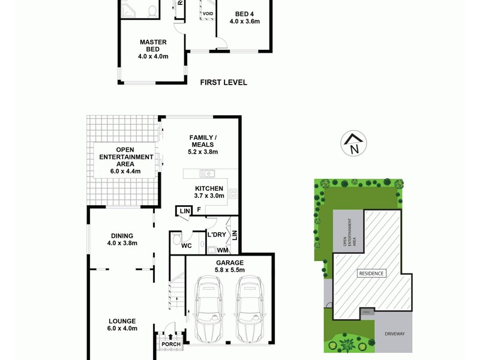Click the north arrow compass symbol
(353, 144)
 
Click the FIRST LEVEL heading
(223, 83)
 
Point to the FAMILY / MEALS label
(203, 141)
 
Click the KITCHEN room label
(209, 188)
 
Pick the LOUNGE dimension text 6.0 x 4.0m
(122, 328)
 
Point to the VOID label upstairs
(208, 13)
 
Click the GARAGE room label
(229, 263)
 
